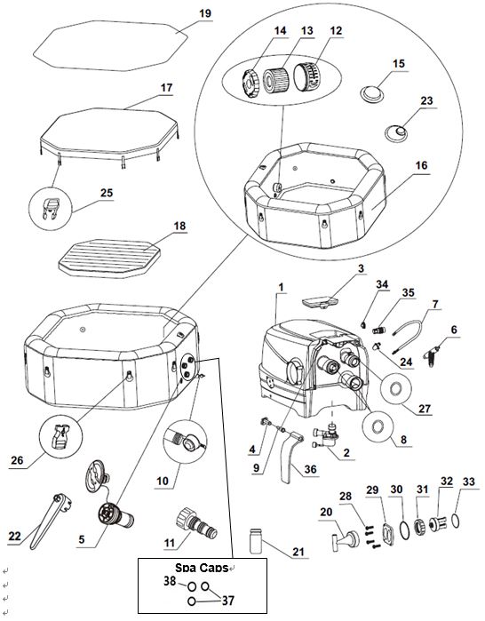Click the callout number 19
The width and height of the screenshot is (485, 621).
[205, 13]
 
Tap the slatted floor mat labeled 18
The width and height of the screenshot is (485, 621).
[109, 259]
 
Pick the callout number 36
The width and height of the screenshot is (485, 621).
[310, 469]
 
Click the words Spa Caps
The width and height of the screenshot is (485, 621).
[202, 568]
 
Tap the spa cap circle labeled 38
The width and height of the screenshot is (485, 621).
[192, 585]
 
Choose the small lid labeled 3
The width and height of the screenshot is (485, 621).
[320, 302]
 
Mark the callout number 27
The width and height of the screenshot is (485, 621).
[425, 409]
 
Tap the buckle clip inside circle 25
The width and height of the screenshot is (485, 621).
[51, 208]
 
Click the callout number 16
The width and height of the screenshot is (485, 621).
[421, 165]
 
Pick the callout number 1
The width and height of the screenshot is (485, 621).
[281, 287]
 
